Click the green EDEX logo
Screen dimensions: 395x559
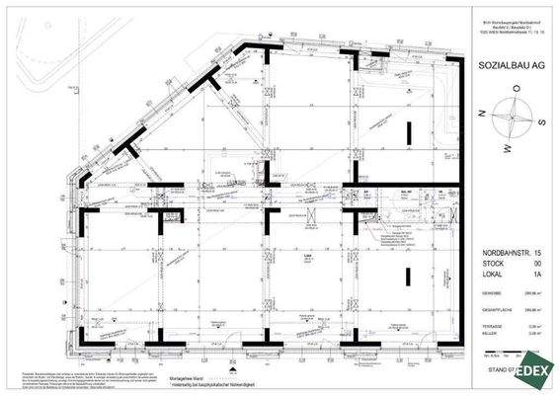coord(534,373)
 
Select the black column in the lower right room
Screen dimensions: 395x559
coord(407,279)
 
